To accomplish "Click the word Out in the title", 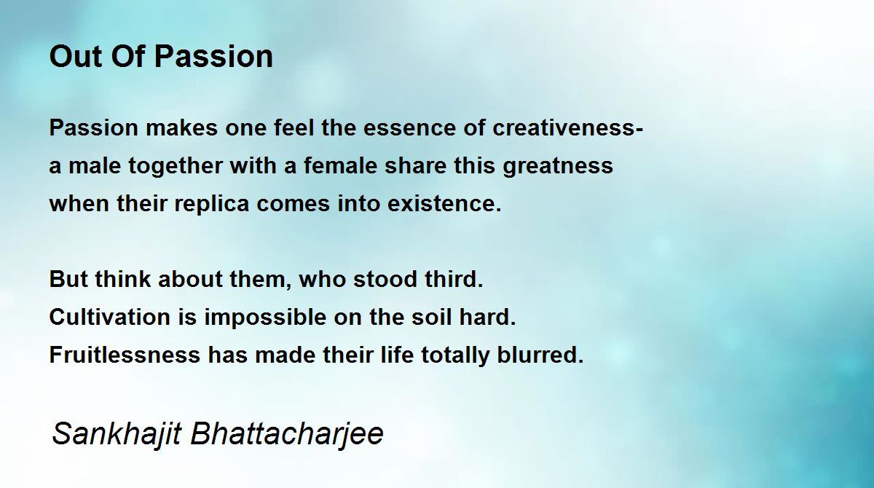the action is (x=76, y=57).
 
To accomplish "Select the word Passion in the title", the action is (x=213, y=57).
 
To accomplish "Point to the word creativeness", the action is (x=567, y=127).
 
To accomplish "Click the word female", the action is (x=340, y=165).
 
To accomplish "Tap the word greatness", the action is (x=558, y=166).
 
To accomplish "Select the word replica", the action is (x=212, y=204).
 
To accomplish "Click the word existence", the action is (x=444, y=204).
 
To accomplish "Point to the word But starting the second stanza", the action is (x=68, y=279).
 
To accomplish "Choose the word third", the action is (x=454, y=279).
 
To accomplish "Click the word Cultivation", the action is (x=110, y=317).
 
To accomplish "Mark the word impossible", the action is (x=265, y=318).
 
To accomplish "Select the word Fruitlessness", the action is (x=125, y=355).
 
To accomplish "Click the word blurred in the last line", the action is (x=540, y=355).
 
